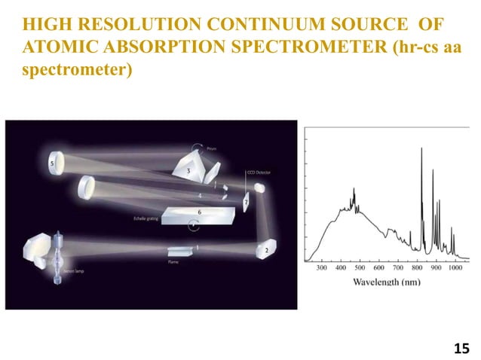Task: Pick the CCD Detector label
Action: pyautogui.click(x=258, y=172)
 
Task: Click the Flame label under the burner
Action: pyautogui.click(x=173, y=263)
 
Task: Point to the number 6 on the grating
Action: pyautogui.click(x=198, y=212)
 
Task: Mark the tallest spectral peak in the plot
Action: pyautogui.click(x=421, y=149)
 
